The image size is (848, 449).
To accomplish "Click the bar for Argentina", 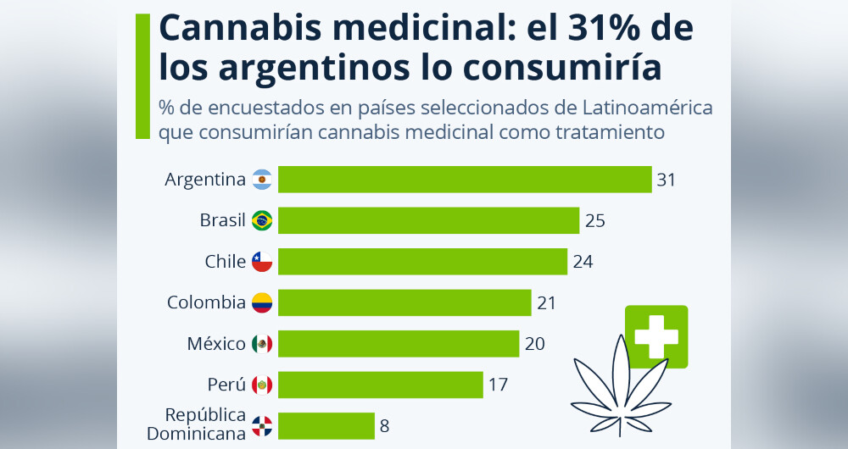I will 465,180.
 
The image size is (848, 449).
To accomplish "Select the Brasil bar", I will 428,220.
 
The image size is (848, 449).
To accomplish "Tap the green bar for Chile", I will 422,261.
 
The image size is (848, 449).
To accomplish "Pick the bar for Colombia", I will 404,302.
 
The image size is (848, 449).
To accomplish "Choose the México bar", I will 399,343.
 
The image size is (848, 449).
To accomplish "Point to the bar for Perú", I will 381,385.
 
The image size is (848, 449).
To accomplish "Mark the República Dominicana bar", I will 326,425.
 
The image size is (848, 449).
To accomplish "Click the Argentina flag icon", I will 262,180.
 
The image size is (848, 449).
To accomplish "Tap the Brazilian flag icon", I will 262,220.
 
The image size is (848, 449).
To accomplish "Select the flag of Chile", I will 262,262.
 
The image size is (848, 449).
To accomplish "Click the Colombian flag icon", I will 262,302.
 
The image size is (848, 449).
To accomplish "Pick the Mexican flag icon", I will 262,344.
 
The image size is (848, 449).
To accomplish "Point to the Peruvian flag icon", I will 262,385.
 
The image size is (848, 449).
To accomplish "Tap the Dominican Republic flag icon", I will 262,425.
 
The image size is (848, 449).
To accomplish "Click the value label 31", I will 666,180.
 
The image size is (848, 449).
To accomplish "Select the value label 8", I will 385,425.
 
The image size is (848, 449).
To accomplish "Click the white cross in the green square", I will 656,336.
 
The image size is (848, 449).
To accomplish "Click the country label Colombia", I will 206,302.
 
